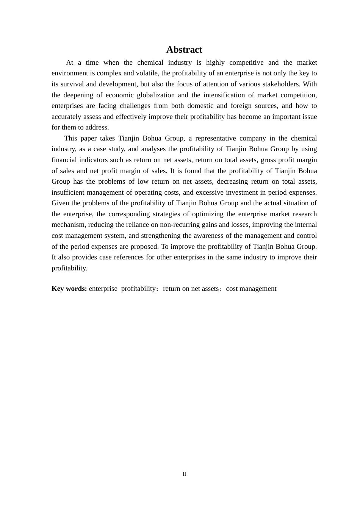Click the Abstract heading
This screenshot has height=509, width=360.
click(184, 50)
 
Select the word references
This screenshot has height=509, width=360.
click(125, 257)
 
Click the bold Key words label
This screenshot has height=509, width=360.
click(69, 289)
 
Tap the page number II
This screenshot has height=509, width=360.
click(184, 474)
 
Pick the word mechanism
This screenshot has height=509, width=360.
click(69, 225)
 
